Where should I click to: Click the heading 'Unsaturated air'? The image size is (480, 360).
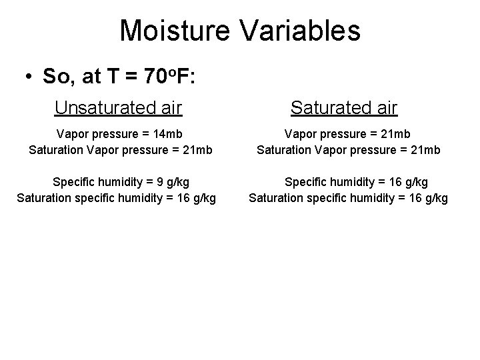pyautogui.click(x=119, y=107)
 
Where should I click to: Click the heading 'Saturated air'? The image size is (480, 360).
pyautogui.click(x=344, y=107)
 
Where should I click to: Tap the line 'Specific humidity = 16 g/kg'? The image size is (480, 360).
pyautogui.click(x=357, y=181)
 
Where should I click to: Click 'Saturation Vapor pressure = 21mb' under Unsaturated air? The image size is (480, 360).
pyautogui.click(x=121, y=149)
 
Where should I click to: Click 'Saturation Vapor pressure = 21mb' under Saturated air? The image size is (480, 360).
pyautogui.click(x=349, y=149)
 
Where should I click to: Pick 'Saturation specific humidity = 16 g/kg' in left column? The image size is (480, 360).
pyautogui.click(x=116, y=197)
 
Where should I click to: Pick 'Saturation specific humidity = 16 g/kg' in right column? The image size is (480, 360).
pyautogui.click(x=349, y=197)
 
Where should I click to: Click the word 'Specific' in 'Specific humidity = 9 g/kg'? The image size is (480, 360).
pyautogui.click(x=72, y=181)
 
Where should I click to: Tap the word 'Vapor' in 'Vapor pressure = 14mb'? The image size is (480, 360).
pyautogui.click(x=73, y=134)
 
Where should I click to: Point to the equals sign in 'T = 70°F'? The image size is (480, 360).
pyautogui.click(x=132, y=77)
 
